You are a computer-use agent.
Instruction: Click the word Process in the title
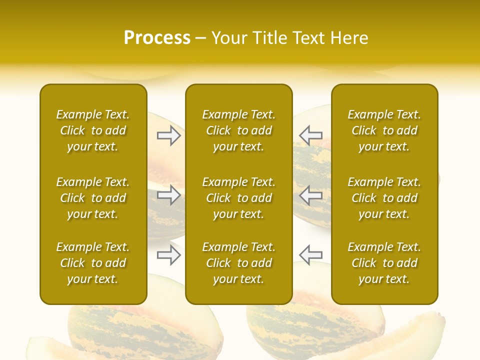click(157, 38)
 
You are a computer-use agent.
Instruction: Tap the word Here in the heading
click(349, 38)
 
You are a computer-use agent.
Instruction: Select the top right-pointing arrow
click(169, 135)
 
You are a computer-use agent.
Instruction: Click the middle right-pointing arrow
click(169, 195)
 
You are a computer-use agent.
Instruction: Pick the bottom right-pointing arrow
click(169, 255)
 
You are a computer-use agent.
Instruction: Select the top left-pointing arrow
click(311, 135)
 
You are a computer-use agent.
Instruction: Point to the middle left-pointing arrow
click(311, 195)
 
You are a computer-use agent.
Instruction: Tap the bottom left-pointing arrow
click(311, 255)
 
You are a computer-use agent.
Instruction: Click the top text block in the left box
click(93, 130)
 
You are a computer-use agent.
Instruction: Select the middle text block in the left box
click(93, 198)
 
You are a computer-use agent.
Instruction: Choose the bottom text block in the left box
click(93, 263)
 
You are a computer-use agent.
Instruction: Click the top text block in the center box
click(239, 130)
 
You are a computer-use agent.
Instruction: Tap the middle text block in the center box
click(239, 198)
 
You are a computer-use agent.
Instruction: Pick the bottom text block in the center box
click(239, 263)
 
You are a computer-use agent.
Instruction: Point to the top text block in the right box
click(384, 130)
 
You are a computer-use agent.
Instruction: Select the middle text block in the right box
click(384, 198)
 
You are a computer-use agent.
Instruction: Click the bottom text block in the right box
click(384, 263)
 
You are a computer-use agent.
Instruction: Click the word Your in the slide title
click(230, 38)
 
